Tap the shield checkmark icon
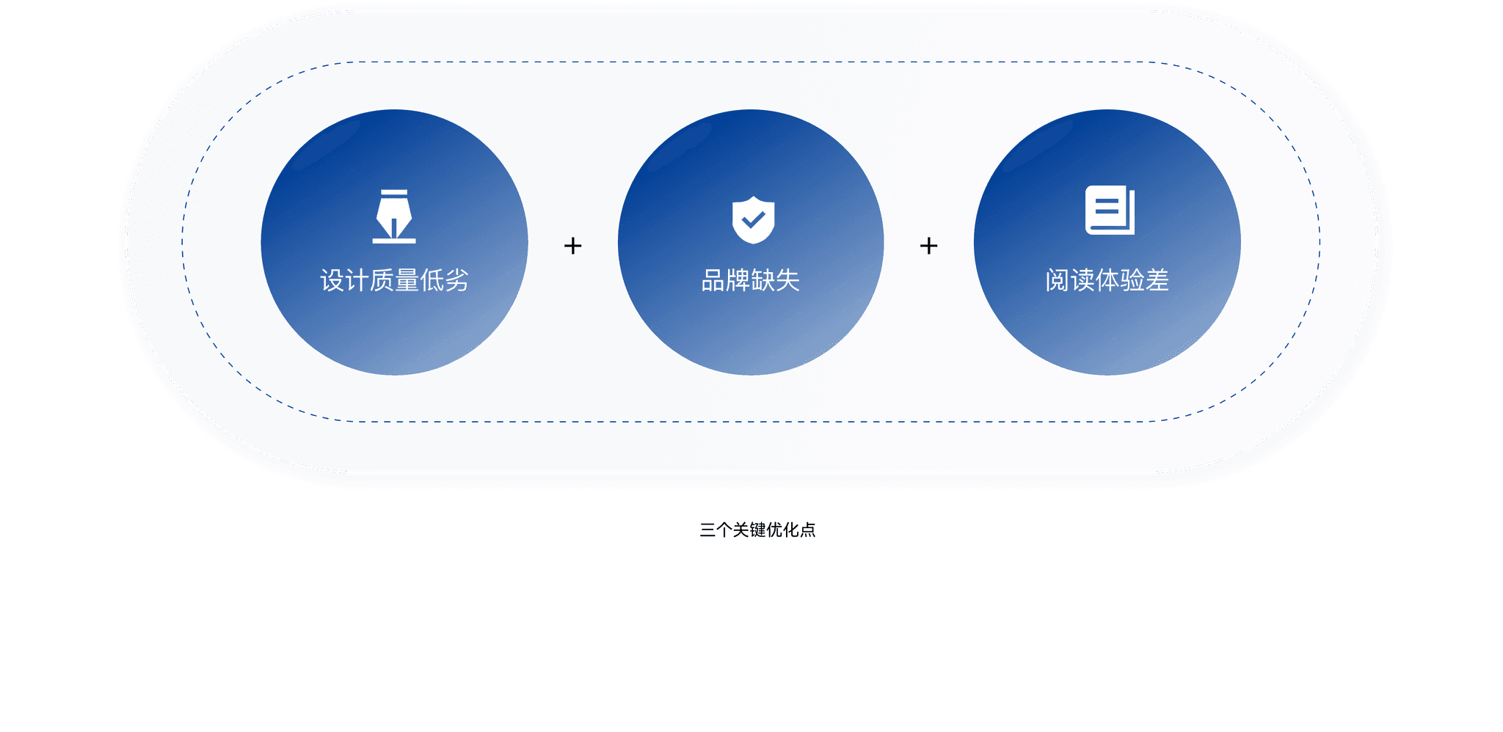(x=753, y=219)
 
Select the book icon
(x=1110, y=211)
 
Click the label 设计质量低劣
(x=394, y=280)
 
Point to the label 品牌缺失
(x=750, y=280)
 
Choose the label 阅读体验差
(x=1107, y=280)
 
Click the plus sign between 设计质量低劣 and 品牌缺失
(x=573, y=246)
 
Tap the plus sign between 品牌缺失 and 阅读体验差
(x=929, y=246)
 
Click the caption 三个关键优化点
(x=757, y=530)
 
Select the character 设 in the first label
(x=332, y=280)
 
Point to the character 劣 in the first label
(x=456, y=280)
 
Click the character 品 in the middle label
(x=713, y=280)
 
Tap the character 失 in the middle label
(x=787, y=280)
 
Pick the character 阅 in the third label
(x=1058, y=280)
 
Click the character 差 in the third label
(x=1157, y=280)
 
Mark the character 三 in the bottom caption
(x=707, y=530)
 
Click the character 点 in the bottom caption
(x=807, y=530)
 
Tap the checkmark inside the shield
(x=753, y=219)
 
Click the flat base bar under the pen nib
(x=394, y=241)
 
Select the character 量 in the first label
(x=407, y=280)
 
